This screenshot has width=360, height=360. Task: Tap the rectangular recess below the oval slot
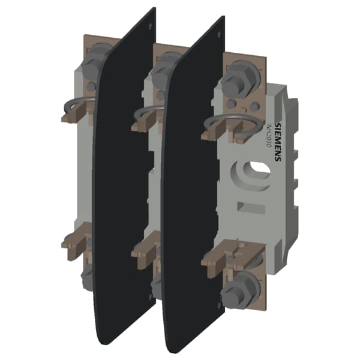[251, 207]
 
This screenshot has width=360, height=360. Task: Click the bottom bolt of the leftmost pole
[86, 277]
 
